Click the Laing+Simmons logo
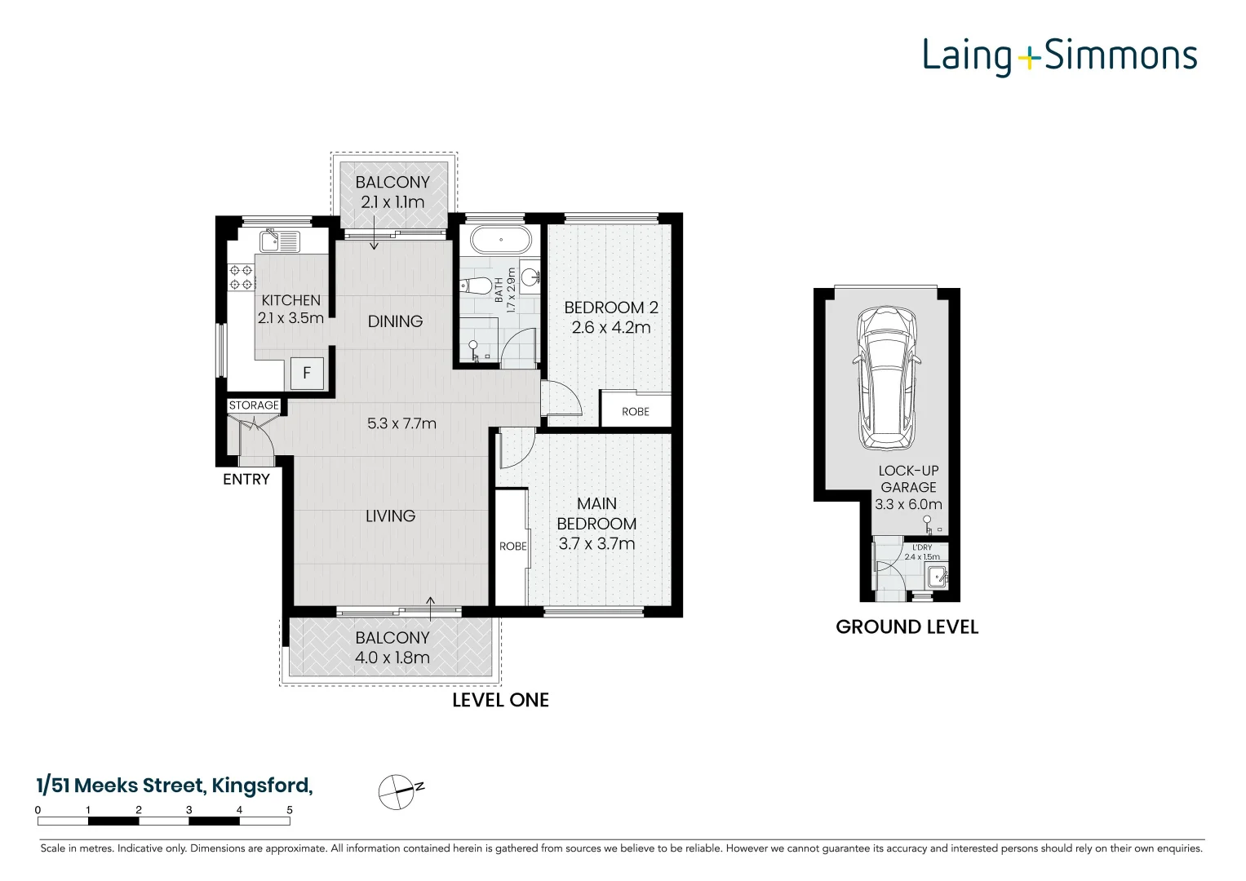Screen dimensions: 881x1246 (x=1059, y=56)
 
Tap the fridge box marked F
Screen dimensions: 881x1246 (x=307, y=373)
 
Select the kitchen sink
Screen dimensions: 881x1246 (x=280, y=241)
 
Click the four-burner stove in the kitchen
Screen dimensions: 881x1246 (x=241, y=277)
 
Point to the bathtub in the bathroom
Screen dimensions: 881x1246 (x=495, y=241)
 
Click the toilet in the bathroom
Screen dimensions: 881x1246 (x=476, y=286)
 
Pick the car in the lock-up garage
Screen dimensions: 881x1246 (x=886, y=378)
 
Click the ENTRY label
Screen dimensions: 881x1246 (x=246, y=480)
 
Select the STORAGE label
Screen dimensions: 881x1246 (x=254, y=405)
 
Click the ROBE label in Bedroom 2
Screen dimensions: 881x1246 (x=636, y=412)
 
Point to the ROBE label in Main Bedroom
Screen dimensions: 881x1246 (x=512, y=547)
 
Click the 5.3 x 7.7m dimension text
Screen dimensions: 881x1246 (x=401, y=423)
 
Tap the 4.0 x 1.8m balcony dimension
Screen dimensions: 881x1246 (x=392, y=657)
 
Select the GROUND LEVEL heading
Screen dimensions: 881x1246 (x=907, y=626)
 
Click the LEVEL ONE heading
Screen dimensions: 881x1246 (x=500, y=700)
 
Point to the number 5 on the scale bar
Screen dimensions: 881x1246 (x=290, y=810)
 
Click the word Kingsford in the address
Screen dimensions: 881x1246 (x=262, y=786)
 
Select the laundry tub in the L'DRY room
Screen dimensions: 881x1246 (x=938, y=576)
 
